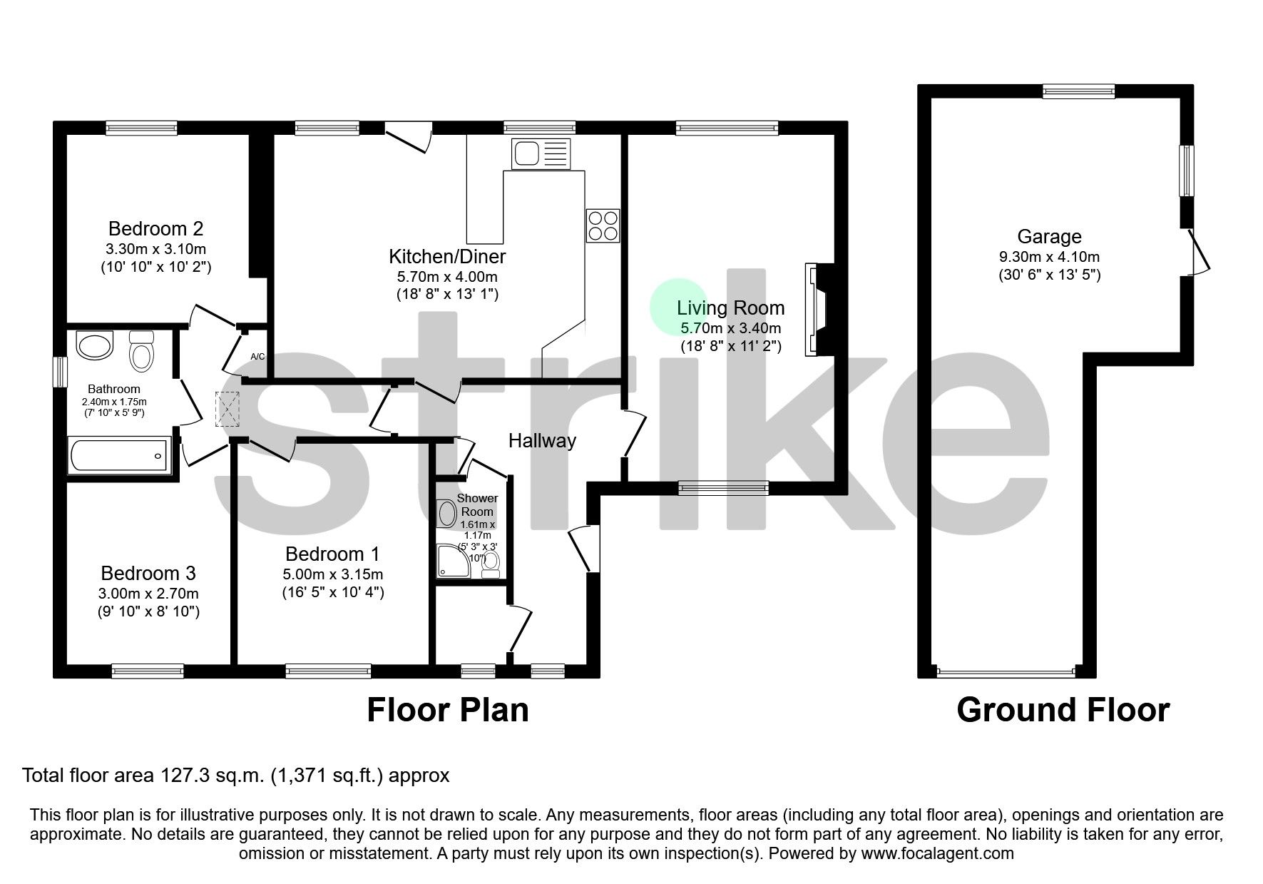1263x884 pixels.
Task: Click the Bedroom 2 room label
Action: point(155,228)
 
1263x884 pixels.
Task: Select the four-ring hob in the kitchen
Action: point(603,225)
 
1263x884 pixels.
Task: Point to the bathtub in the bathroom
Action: point(119,454)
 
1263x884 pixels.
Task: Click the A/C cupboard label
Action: point(257,356)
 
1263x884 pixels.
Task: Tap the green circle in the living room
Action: point(677,307)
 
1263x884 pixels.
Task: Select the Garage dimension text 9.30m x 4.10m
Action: point(1049,257)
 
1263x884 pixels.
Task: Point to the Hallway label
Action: point(542,441)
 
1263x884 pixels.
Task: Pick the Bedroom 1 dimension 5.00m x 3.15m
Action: point(332,574)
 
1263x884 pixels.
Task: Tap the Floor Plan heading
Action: point(447,710)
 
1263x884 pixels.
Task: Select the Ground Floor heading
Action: point(1062,710)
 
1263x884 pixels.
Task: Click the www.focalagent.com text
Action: point(937,853)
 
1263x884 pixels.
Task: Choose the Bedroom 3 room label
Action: point(148,573)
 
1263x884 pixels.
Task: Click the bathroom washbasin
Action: point(96,346)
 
